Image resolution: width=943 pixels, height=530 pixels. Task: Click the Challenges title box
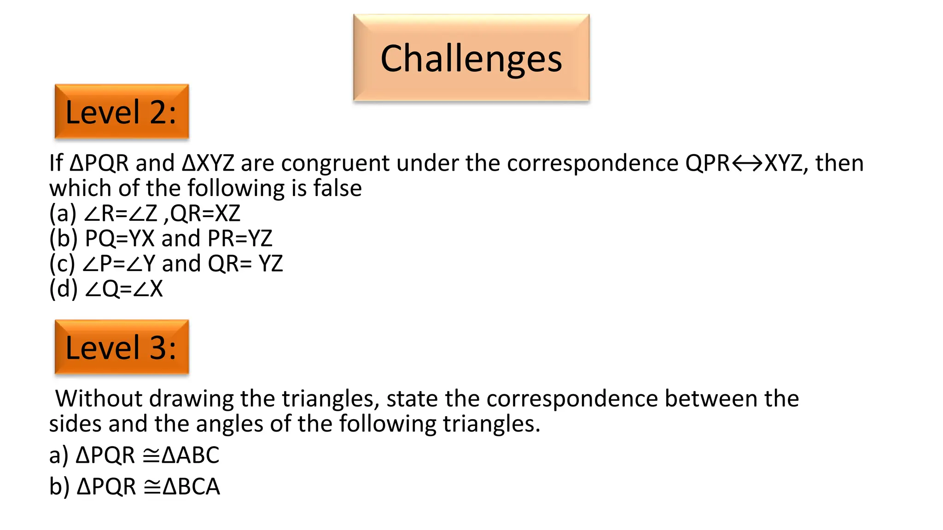coord(471,58)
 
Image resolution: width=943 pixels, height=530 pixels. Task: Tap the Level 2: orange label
coord(122,112)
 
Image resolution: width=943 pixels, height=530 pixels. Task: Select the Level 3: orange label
coord(122,347)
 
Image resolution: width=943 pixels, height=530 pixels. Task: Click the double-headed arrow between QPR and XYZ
coord(747,164)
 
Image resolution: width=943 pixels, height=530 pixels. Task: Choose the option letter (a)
coord(63,213)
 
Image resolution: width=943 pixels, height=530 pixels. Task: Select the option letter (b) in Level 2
coord(64,239)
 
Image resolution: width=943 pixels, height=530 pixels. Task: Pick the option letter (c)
coord(62,264)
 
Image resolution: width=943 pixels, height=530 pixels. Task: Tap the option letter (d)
coord(64,289)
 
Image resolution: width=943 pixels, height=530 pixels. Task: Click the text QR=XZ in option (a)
coord(205,213)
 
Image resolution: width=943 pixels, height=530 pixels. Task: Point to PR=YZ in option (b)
coord(240,239)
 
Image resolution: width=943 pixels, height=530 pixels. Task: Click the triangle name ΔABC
coord(191,455)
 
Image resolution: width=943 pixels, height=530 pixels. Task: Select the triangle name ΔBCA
coord(192,487)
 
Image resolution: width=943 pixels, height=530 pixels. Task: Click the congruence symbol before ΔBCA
coord(152,487)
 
